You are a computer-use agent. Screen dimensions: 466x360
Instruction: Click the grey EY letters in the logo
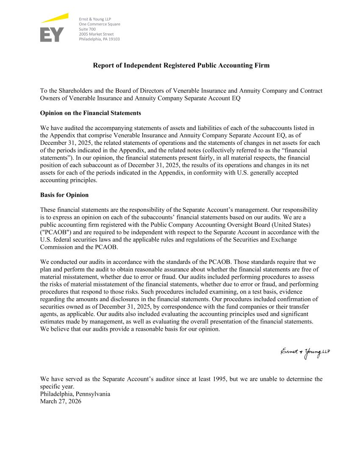[52, 35]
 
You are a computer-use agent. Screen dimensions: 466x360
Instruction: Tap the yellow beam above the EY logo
[55, 18]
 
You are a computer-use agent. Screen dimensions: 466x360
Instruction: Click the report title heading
[181, 66]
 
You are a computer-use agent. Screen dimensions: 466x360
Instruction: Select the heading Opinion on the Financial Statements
[90, 114]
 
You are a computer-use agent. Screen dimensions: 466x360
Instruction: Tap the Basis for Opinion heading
[64, 195]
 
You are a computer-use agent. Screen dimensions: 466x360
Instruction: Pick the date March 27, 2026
[60, 401]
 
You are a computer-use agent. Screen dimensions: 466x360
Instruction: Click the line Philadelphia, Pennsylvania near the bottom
[75, 394]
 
